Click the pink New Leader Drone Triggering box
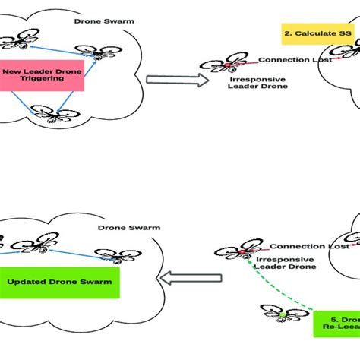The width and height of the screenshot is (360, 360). [42, 76]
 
